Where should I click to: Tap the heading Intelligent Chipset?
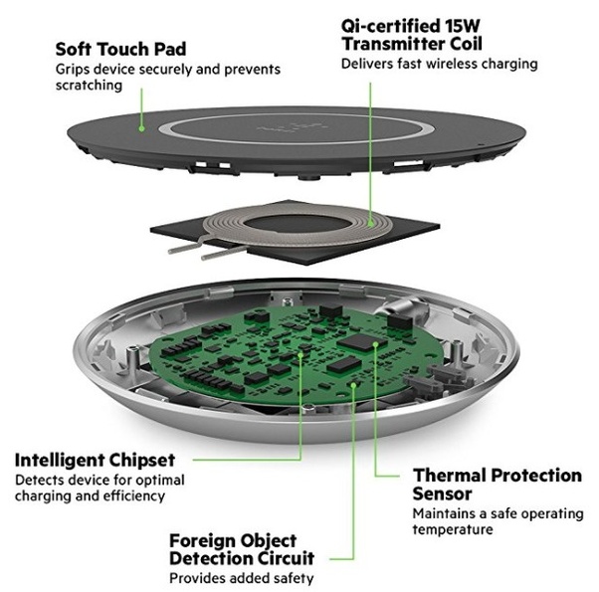click(x=95, y=460)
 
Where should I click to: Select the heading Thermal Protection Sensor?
click(x=497, y=484)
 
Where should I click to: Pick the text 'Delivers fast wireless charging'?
click(x=439, y=63)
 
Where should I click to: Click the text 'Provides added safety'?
click(x=240, y=577)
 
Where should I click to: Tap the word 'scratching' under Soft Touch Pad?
click(x=89, y=86)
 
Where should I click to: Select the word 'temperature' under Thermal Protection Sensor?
click(x=453, y=529)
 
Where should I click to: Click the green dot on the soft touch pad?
click(x=142, y=127)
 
